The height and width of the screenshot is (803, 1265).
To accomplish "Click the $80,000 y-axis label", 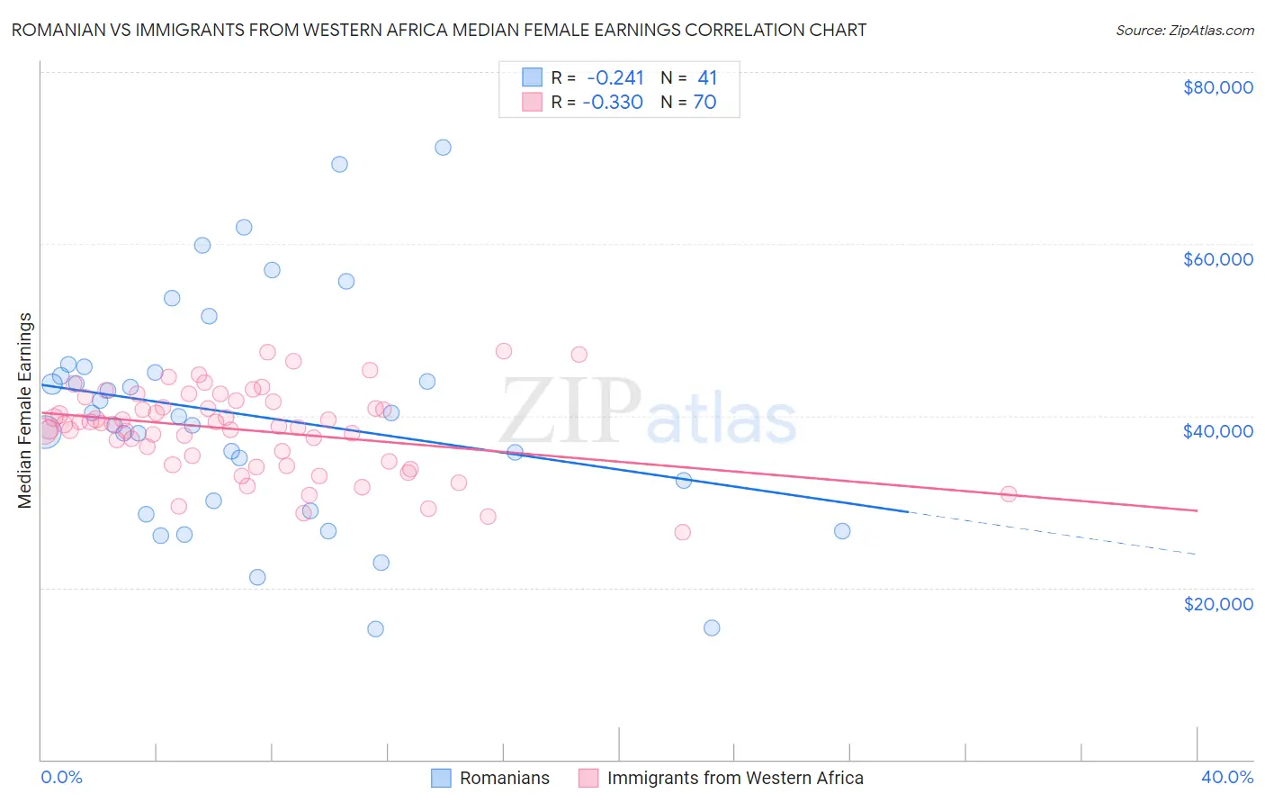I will point(1217,87).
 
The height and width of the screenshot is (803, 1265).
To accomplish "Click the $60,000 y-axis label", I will point(1217,259).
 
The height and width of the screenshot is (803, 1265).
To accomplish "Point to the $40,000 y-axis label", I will point(1217,431).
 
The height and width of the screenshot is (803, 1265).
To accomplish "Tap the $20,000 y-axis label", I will point(1217,603).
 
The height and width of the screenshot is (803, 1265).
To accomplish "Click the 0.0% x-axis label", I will point(61,777).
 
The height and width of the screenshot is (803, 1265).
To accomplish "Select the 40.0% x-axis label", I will point(1226,777).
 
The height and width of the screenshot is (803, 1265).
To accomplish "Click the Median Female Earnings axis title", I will point(25,411).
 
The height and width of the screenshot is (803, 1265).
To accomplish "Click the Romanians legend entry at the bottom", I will point(504,778).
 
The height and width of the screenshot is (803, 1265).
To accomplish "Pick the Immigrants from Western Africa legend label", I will point(734,778).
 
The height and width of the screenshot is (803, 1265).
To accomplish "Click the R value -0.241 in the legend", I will point(615,77).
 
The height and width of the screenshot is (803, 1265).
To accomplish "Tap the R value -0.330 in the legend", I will point(613,102).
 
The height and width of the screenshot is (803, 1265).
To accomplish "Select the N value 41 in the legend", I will point(707,77).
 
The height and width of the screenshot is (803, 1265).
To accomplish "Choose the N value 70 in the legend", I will point(704,102).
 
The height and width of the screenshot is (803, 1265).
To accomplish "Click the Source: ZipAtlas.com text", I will point(1184,31).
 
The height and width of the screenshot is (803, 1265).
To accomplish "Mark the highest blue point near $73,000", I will point(443,148).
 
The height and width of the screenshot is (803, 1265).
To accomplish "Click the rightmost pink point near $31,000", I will point(1009,494).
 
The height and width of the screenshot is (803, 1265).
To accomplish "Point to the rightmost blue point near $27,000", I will point(842,531).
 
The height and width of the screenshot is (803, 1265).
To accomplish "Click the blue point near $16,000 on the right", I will point(712,628).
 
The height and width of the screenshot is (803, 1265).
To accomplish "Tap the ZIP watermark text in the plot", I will point(570,411).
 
